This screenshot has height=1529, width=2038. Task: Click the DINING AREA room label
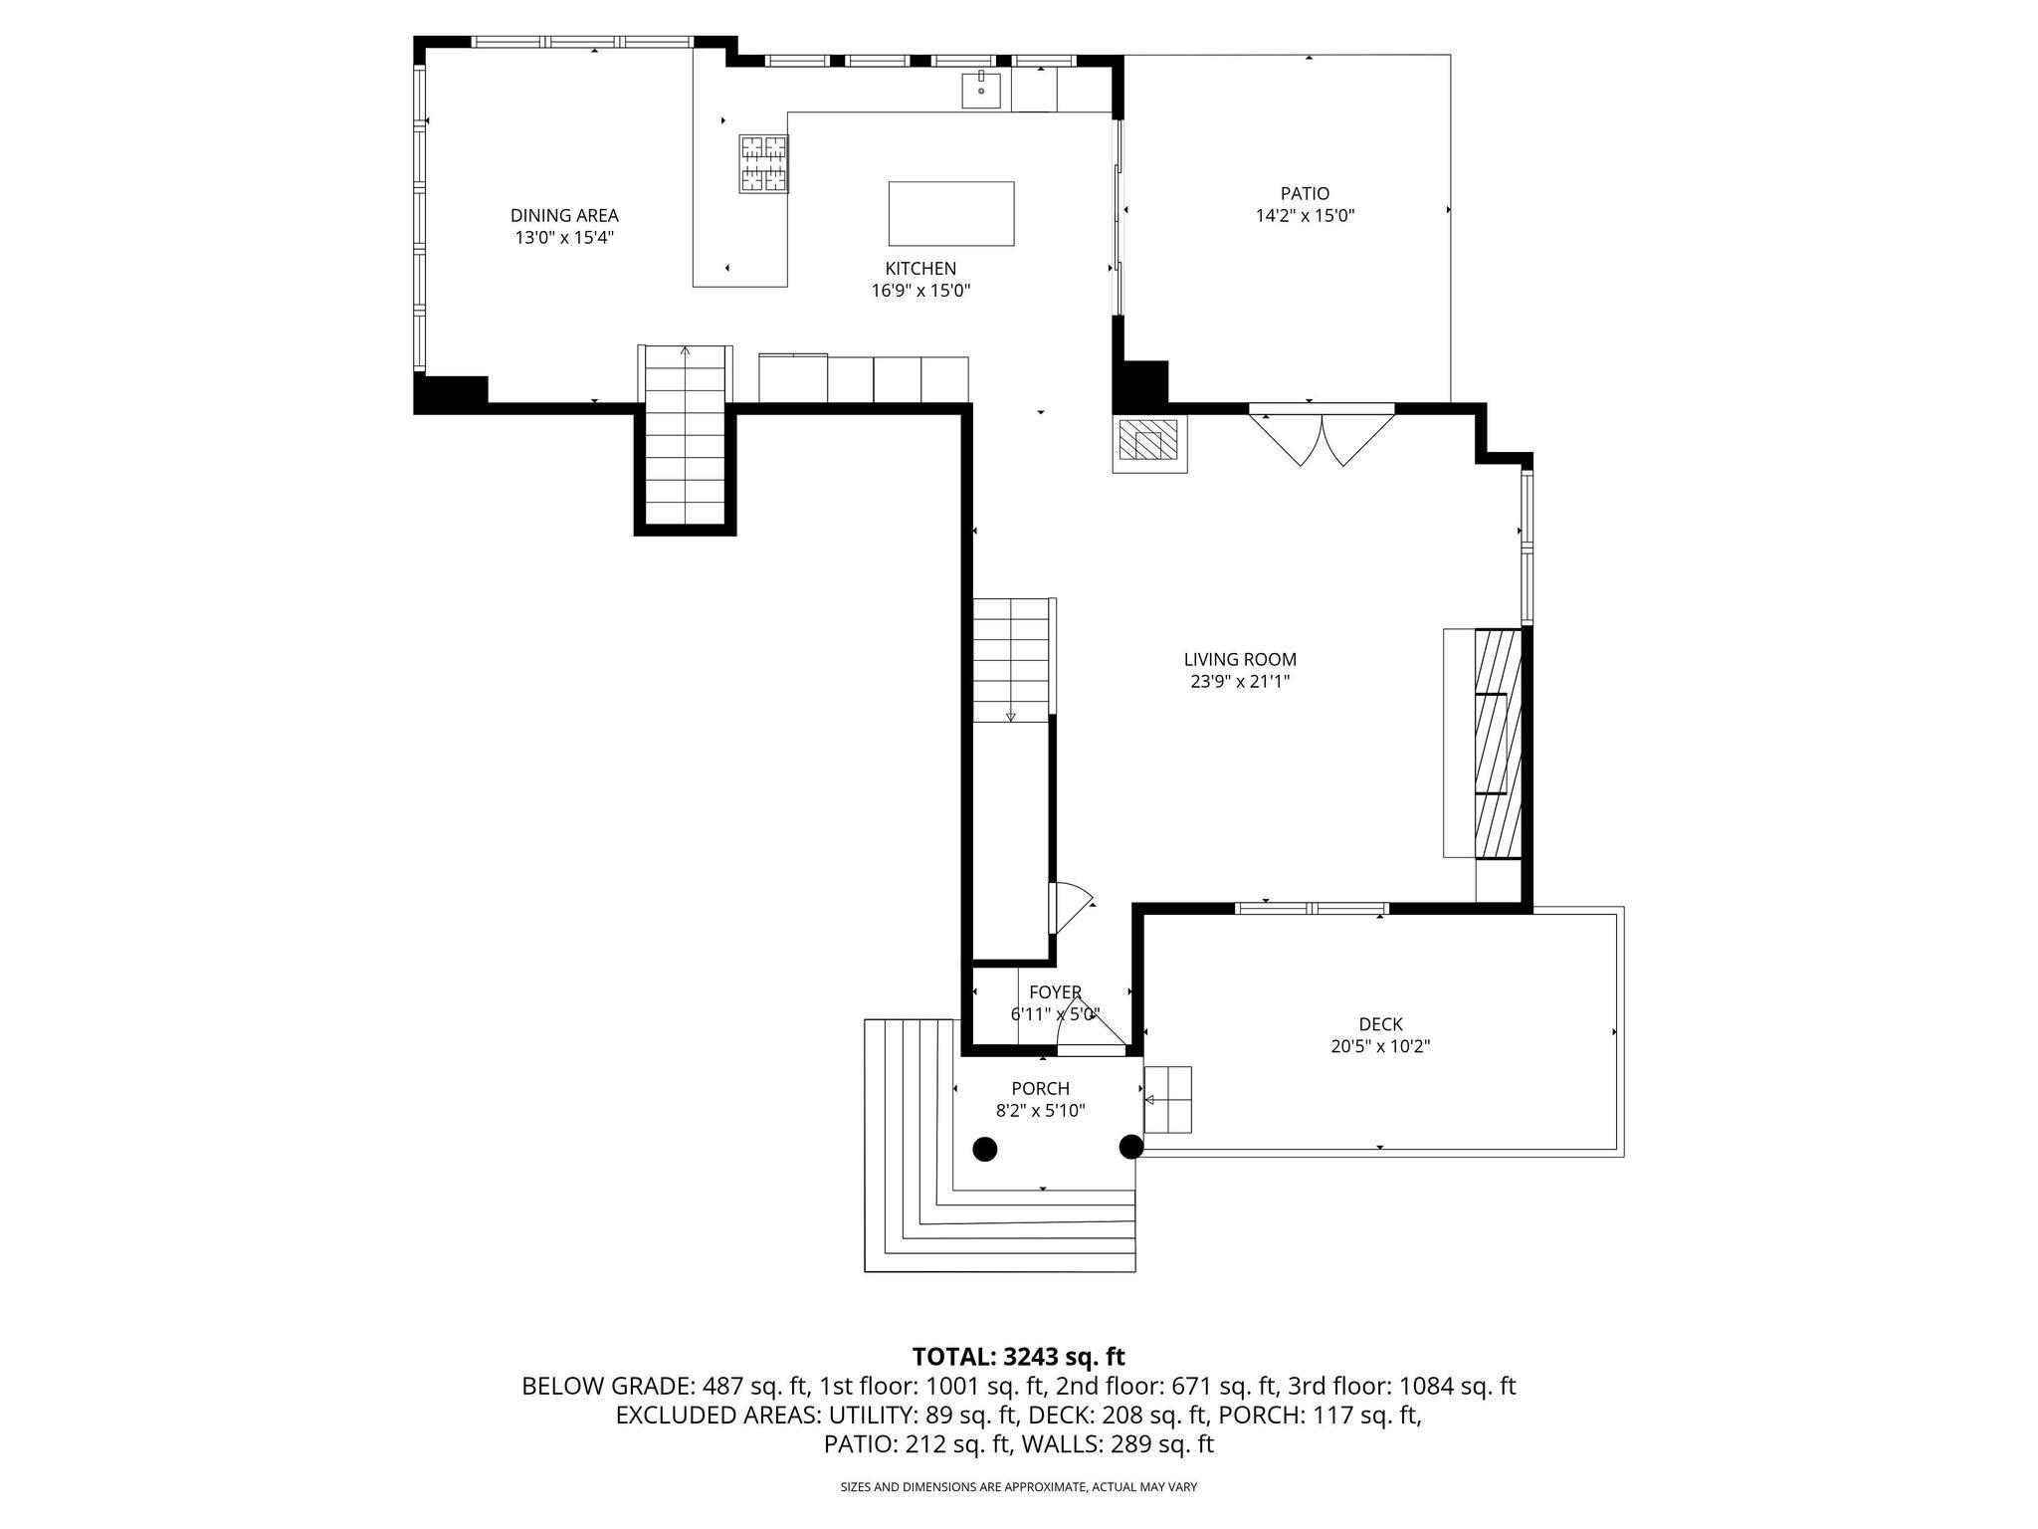coord(564,215)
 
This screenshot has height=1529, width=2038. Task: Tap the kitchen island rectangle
coord(950,213)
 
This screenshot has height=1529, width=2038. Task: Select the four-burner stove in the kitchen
coord(763,163)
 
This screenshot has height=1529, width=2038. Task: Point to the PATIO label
coord(1305,193)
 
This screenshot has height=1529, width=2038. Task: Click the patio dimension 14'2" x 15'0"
coord(1305,216)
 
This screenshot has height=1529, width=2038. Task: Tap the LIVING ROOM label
coord(1240,659)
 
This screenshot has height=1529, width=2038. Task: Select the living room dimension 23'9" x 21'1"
coord(1240,682)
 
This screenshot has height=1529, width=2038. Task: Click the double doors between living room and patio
coord(1322,438)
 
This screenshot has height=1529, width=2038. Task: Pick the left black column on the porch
coord(984,1149)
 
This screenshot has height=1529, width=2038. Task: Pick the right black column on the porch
coord(1130,1147)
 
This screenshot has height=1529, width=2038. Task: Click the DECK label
coord(1380,1023)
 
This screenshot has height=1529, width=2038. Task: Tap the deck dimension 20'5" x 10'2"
coord(1380,1046)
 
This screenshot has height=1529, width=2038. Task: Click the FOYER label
coord(1055,992)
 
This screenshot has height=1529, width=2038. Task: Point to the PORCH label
coord(1040,1088)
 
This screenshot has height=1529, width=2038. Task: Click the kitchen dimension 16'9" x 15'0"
coord(920,291)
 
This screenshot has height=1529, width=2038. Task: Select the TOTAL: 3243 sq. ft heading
coord(1018,1356)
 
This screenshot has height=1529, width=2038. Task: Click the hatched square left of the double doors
coord(1148,439)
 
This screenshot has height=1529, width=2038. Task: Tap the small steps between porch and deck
coord(1167,1099)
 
